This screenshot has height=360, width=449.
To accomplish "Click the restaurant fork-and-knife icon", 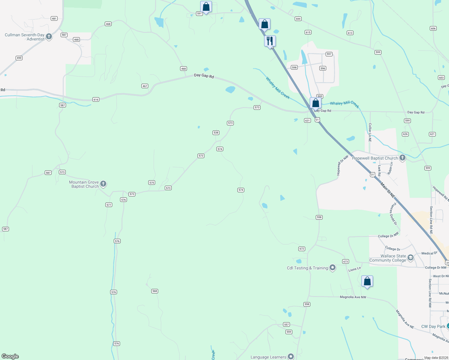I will [270, 41].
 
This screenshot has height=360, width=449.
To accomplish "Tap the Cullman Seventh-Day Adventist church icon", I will [49, 37].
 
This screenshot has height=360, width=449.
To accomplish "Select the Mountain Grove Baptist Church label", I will [84, 184].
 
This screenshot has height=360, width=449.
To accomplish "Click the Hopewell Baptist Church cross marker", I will [402, 158].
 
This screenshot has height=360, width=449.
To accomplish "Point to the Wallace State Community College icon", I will [410, 258].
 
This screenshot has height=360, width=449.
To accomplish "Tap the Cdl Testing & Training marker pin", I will [332, 268].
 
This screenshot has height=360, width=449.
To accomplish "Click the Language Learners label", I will [268, 357].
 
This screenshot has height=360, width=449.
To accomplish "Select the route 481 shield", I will [54, 19].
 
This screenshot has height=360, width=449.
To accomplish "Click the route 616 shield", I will [96, 100].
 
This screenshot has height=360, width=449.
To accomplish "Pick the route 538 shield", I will [216, 133].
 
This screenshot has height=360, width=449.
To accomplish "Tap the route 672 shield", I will [302, 249].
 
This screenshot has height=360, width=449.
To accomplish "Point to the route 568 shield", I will [155, 291].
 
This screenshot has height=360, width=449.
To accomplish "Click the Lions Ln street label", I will [354, 269].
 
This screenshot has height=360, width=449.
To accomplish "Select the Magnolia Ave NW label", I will [353, 297].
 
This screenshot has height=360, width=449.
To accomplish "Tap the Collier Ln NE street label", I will [370, 132].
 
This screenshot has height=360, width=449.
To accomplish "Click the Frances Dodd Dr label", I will [393, 214].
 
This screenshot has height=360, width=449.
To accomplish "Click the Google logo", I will [10, 356].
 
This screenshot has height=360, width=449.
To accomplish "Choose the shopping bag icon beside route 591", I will [206, 7].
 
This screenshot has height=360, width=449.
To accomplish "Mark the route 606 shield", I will [433, 28].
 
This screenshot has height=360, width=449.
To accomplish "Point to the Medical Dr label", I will [429, 253].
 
